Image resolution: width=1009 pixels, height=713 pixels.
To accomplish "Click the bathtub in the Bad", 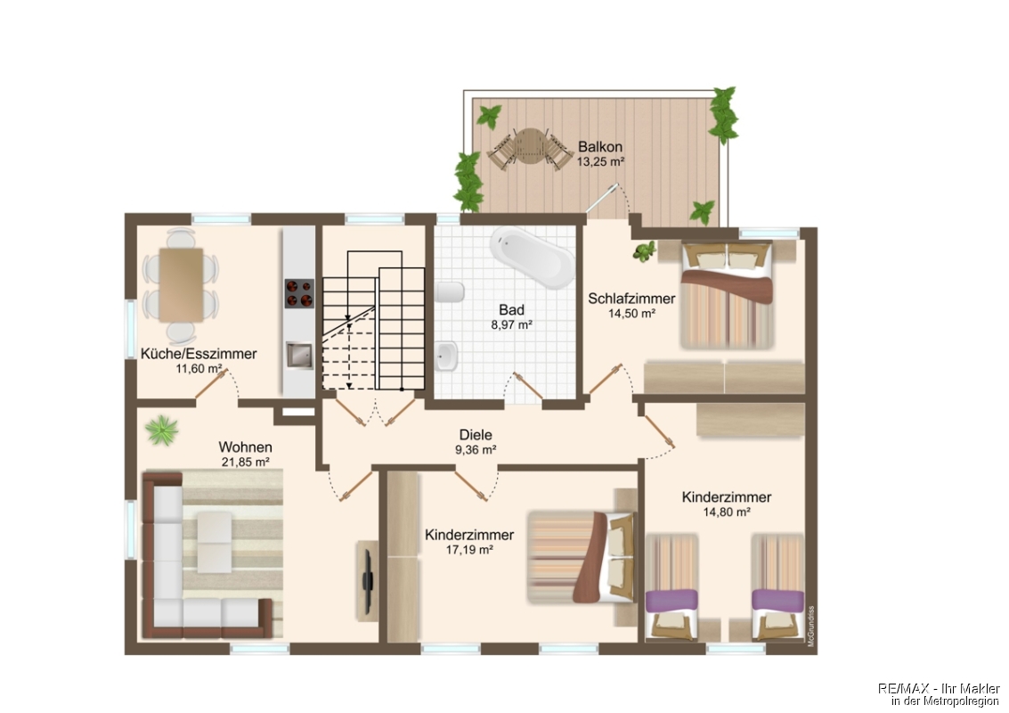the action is (x=532, y=258).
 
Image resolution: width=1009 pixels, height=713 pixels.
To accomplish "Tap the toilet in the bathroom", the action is (x=450, y=292).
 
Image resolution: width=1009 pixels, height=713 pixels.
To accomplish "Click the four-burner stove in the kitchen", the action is (x=299, y=293).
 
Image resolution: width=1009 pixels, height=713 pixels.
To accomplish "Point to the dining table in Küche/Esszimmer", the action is (x=181, y=285).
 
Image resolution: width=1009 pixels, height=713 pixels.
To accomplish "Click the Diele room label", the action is (x=476, y=435).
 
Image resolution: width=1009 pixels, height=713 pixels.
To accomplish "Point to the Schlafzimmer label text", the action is (x=631, y=299).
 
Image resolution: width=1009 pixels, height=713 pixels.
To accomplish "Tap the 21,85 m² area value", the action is (x=245, y=462).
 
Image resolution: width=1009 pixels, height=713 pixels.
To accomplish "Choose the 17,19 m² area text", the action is (x=469, y=550).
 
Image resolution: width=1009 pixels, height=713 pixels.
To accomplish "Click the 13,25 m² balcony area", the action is (x=600, y=161).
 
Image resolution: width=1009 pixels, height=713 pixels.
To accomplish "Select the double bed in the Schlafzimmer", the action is (x=727, y=296).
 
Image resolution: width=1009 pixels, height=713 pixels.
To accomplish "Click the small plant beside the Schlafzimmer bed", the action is (x=644, y=250).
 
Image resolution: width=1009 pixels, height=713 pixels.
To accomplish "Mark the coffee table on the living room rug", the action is (x=214, y=542).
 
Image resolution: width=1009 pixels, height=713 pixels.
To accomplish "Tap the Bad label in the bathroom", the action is (x=511, y=310).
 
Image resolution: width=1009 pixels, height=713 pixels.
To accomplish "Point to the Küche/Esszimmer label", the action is (x=199, y=354).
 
